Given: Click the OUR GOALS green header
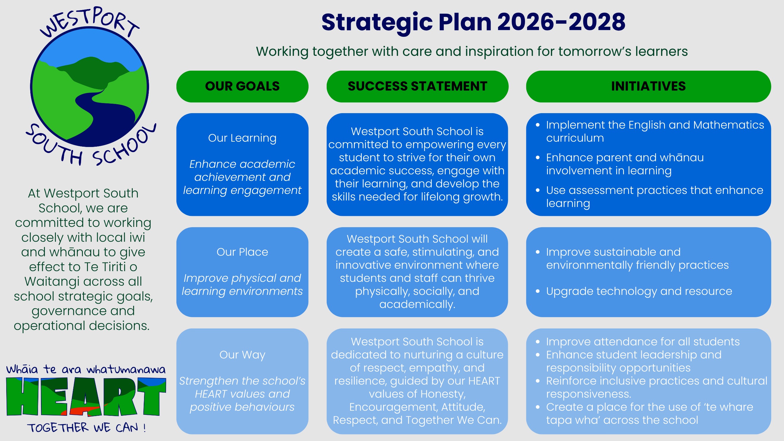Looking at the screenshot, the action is tap(242, 86).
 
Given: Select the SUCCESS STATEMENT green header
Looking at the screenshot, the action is tap(417, 86).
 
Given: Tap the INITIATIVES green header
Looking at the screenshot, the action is tap(648, 86).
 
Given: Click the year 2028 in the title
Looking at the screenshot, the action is tap(597, 22).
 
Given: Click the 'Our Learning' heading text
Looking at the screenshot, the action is tap(242, 138).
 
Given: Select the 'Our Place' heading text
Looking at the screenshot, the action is tap(242, 252).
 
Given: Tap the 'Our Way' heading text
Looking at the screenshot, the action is tap(242, 355).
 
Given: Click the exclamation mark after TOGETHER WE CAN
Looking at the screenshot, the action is tap(144, 428).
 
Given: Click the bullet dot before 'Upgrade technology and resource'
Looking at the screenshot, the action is tap(538, 292).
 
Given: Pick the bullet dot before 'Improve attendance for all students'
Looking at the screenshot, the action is tap(538, 342).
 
